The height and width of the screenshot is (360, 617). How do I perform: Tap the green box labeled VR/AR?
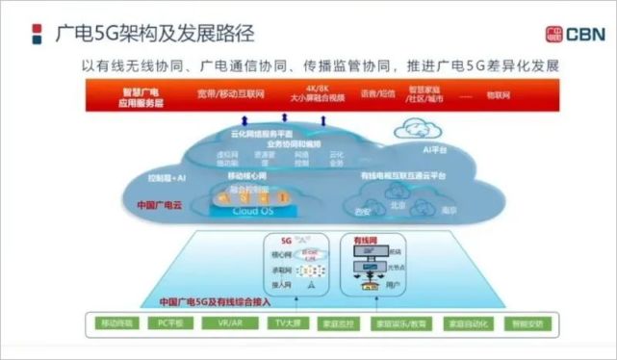click(232, 323)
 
